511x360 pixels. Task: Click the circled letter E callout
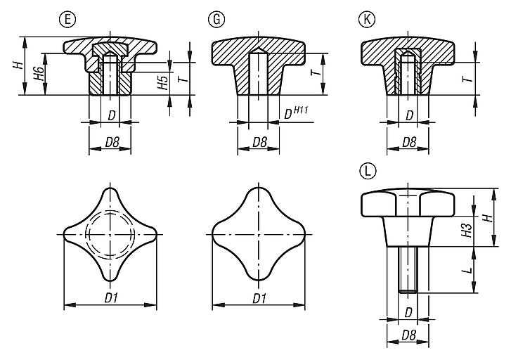pos(68,20)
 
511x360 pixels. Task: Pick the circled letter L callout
pos(366,171)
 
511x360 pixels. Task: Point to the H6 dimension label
pos(40,74)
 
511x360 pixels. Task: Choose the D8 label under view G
pos(259,142)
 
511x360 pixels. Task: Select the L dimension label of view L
pos(467,269)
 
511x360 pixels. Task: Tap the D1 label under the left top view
pos(111,297)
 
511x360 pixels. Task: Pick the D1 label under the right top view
pos(259,297)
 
